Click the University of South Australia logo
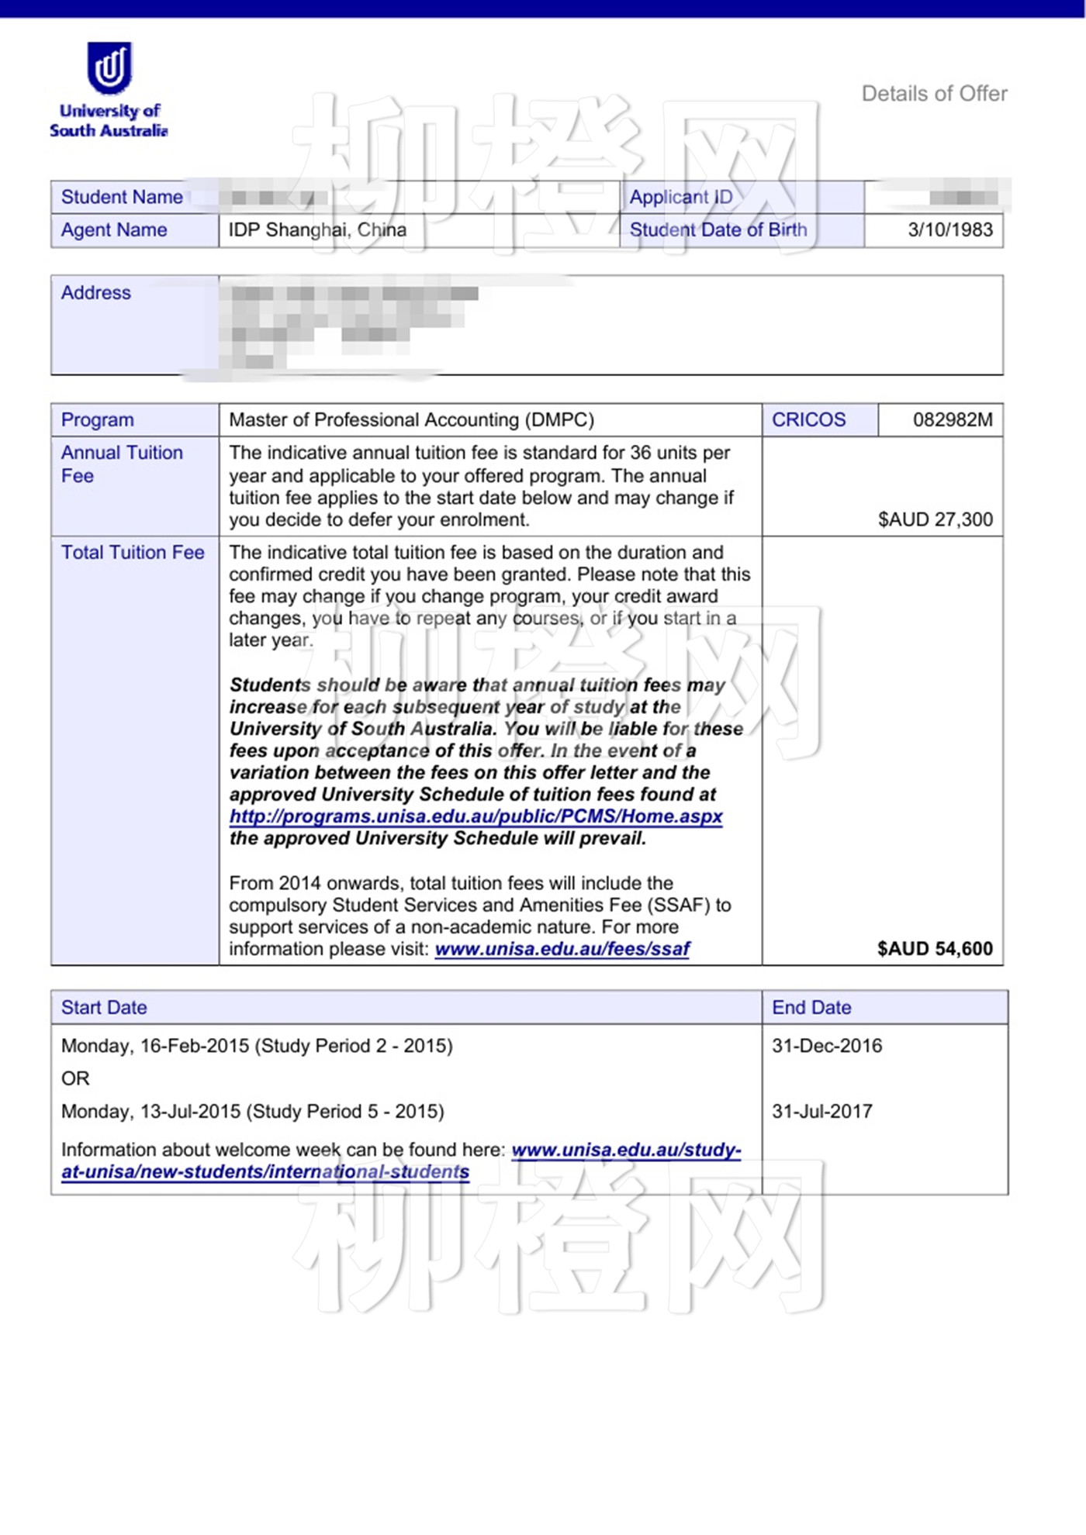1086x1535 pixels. pyautogui.click(x=109, y=90)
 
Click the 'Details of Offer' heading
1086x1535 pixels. pyautogui.click(x=934, y=94)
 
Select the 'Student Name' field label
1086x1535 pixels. pyautogui.click(x=122, y=197)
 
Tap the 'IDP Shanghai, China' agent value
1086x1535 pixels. pyautogui.click(x=317, y=230)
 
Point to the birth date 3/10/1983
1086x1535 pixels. pyautogui.click(x=950, y=230)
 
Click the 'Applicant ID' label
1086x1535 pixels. pyautogui.click(x=680, y=197)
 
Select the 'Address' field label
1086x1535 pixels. pyautogui.click(x=96, y=293)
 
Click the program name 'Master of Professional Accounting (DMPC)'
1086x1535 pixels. pyautogui.click(x=411, y=420)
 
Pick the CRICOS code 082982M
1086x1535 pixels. pyautogui.click(x=952, y=420)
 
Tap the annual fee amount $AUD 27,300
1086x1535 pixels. pyautogui.click(x=935, y=519)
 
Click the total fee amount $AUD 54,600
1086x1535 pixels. pyautogui.click(x=935, y=949)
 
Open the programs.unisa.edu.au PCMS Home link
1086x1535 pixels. pyautogui.click(x=476, y=816)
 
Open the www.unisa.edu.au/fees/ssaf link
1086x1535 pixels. pyautogui.click(x=562, y=949)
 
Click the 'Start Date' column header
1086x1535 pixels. pyautogui.click(x=104, y=1008)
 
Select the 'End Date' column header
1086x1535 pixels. pyautogui.click(x=811, y=1008)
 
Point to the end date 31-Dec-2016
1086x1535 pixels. pyautogui.click(x=827, y=1046)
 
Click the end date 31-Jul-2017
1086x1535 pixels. pyautogui.click(x=821, y=1112)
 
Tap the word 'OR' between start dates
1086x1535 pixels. pyautogui.click(x=75, y=1078)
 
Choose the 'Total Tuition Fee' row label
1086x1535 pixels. pyautogui.click(x=133, y=553)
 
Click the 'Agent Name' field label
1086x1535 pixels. pyautogui.click(x=114, y=230)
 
